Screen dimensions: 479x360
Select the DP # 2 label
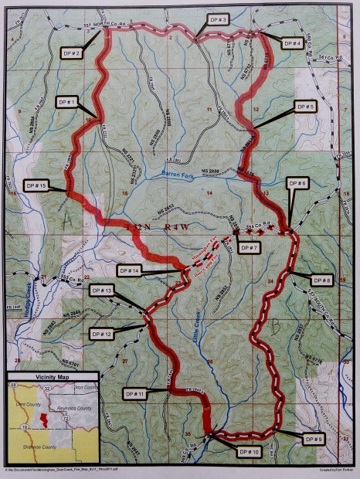pyautogui.click(x=73, y=53)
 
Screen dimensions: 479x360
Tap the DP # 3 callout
pyautogui.click(x=218, y=18)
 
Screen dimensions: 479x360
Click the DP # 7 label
pyautogui.click(x=249, y=247)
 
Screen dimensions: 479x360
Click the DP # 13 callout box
pyautogui.click(x=101, y=290)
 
